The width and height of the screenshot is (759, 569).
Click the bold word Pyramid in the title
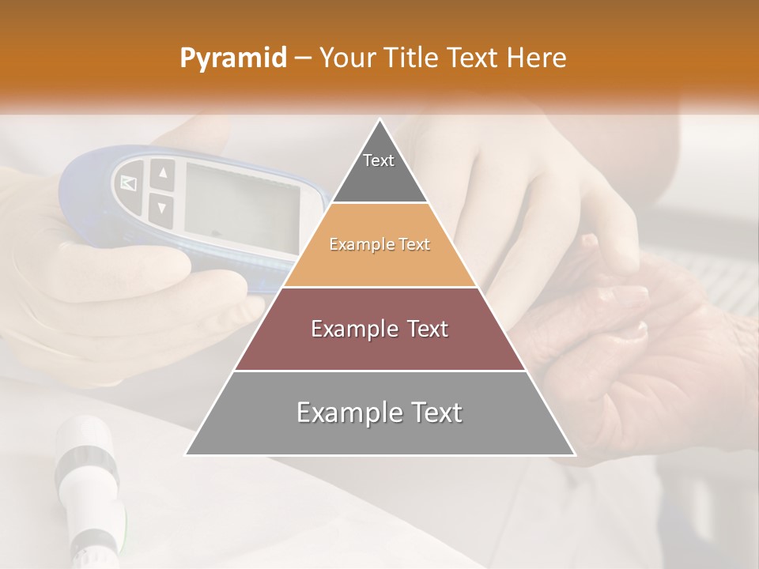pos(232,58)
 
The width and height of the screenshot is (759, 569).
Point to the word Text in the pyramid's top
pos(379,160)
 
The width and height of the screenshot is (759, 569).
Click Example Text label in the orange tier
pos(379,245)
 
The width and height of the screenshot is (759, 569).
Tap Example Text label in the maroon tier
pos(379,329)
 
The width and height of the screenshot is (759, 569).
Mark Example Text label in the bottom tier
pos(379,413)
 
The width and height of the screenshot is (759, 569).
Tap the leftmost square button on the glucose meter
pos(128,183)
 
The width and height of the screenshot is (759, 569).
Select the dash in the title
pos(302,58)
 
